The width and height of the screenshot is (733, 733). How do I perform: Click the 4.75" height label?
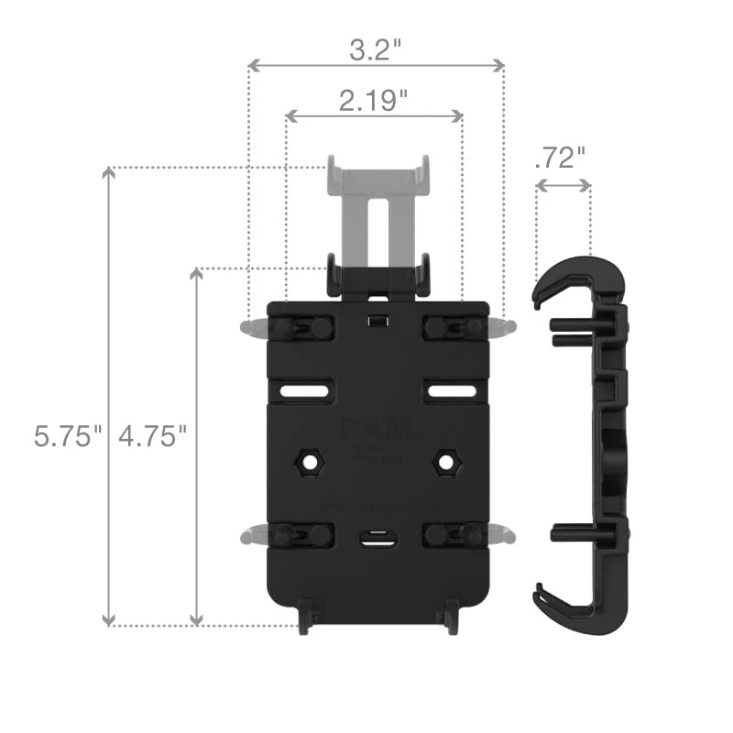pos(153,435)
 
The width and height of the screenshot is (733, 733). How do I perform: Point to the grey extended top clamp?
pos(377,206)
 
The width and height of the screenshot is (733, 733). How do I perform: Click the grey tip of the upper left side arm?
pos(250,327)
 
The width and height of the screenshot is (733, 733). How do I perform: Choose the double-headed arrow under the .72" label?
pos(563,185)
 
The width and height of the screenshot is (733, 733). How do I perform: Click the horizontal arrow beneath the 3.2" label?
pos(377,66)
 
